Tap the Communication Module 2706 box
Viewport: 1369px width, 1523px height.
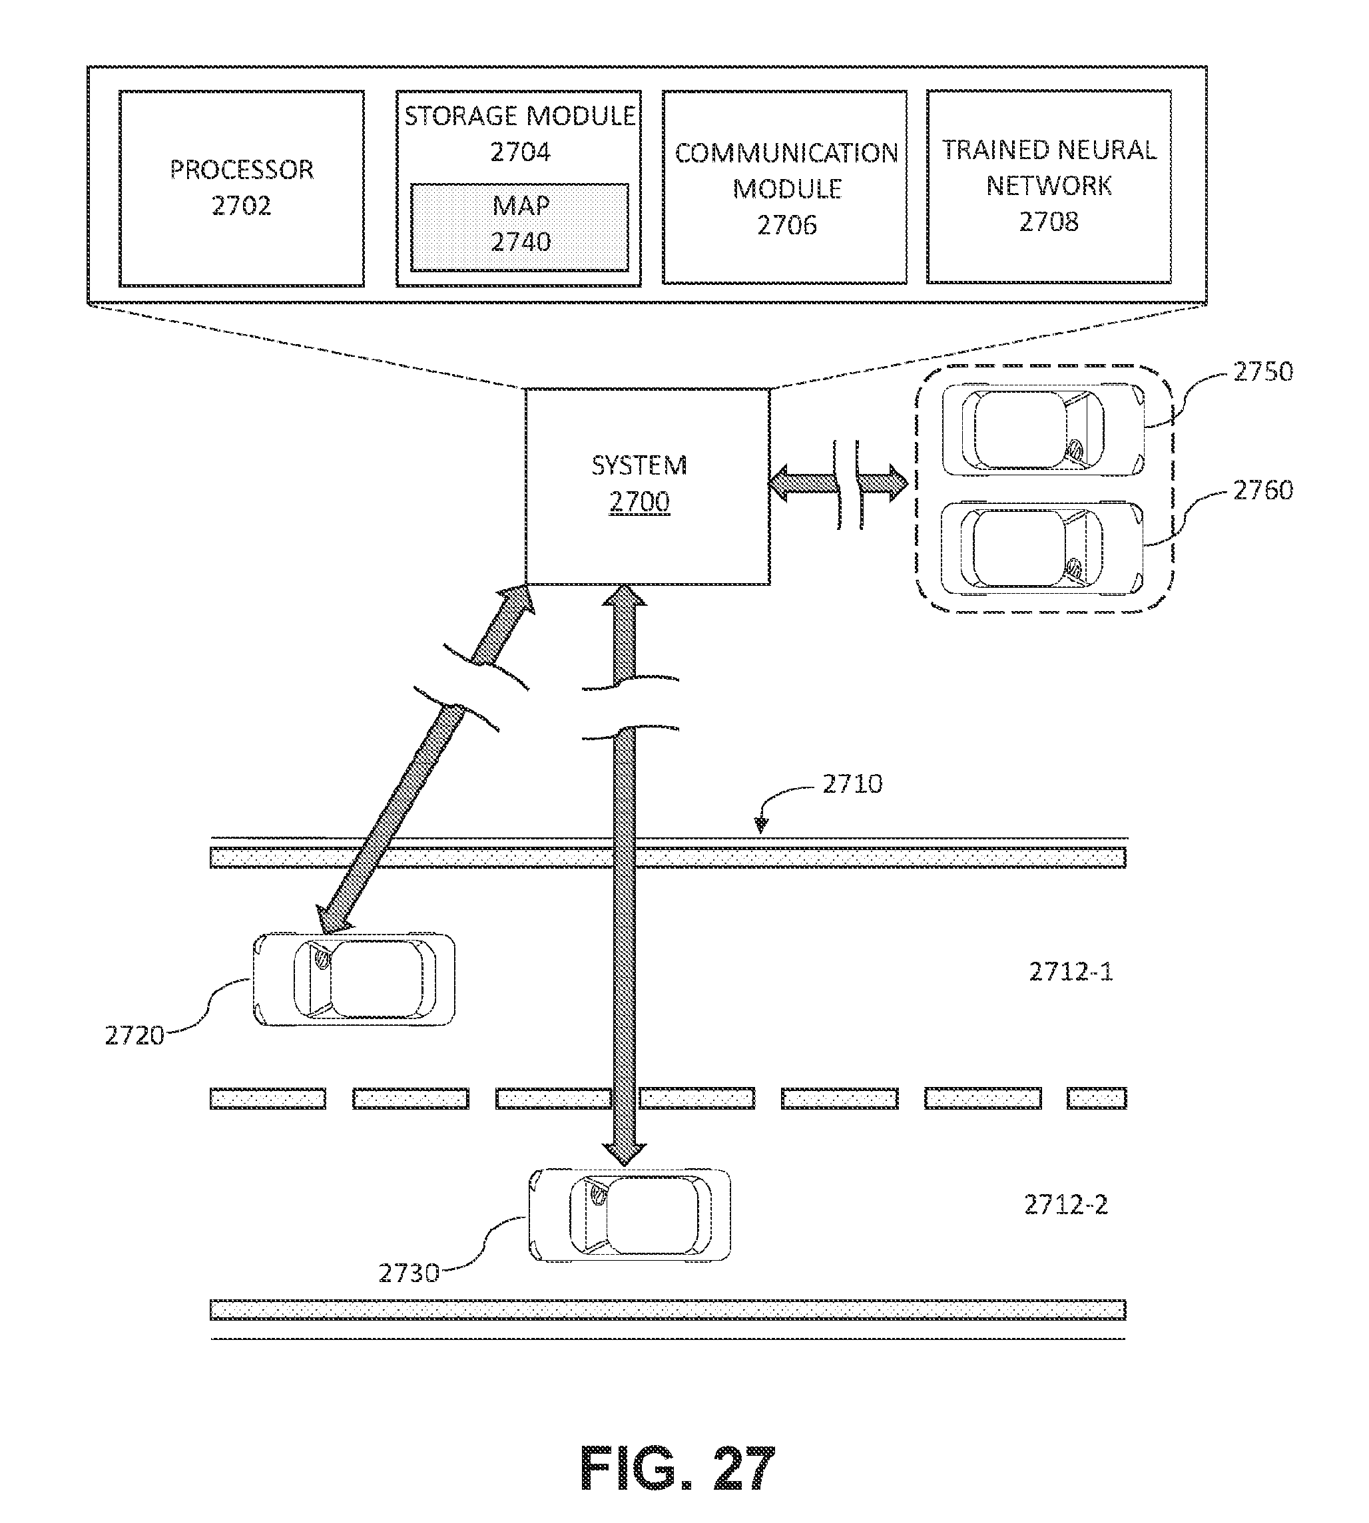pos(784,187)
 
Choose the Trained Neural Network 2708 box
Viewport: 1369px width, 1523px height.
pos(1049,186)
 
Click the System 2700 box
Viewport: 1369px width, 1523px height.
pos(648,486)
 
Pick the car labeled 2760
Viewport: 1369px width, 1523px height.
pos(1042,546)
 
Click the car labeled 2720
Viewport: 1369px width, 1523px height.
pos(354,979)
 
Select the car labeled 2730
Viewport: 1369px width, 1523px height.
pos(631,1215)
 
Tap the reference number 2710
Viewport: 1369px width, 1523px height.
pos(852,783)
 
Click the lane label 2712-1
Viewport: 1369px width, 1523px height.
pos(1071,973)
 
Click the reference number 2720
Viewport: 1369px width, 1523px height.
pos(135,1036)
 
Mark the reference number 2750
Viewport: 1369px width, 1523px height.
pos(1263,371)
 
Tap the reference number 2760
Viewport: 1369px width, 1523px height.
pos(1263,490)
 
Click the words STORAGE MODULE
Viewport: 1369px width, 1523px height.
pos(520,116)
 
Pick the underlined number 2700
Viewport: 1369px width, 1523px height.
pos(639,502)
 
